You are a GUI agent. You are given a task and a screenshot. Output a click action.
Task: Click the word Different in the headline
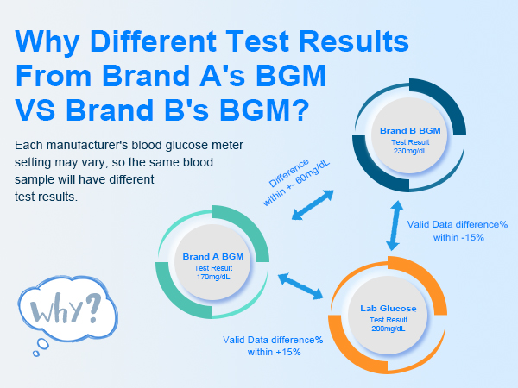point(153,41)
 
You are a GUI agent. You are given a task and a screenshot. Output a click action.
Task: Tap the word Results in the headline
point(354,41)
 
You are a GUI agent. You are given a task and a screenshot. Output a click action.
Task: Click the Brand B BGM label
point(410,131)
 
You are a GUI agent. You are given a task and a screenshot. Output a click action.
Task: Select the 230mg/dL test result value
point(410,151)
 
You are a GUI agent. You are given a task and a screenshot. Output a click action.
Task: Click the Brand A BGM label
point(213,257)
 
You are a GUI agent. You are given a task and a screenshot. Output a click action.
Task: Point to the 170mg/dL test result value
point(213,277)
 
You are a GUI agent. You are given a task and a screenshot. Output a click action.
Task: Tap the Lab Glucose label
point(388,309)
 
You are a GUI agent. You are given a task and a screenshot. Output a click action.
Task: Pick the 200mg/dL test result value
point(388,329)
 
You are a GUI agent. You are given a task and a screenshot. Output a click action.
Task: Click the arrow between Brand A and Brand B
point(313,205)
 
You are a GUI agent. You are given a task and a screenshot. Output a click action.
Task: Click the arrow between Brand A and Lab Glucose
point(300,286)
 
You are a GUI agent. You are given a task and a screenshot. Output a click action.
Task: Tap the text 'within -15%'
point(458,238)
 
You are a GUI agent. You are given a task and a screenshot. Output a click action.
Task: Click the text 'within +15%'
point(275,352)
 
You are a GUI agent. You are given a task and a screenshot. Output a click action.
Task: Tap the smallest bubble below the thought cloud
point(36,354)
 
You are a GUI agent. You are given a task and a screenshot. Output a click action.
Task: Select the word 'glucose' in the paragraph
point(186,146)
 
